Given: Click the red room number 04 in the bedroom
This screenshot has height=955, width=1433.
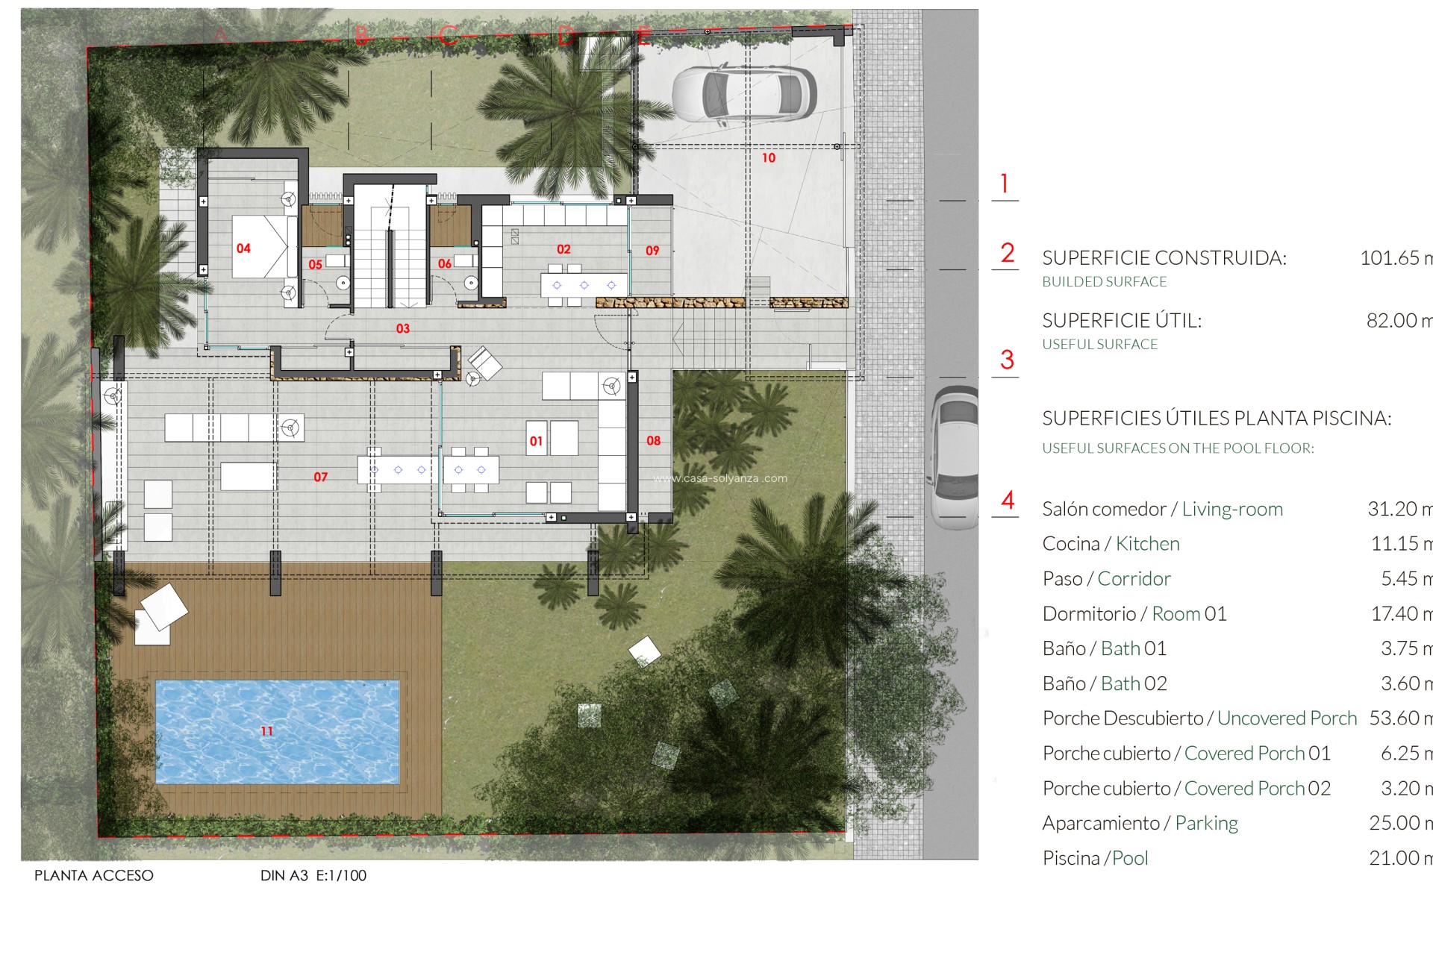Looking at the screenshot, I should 243,248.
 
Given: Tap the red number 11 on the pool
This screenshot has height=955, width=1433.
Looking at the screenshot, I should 266,731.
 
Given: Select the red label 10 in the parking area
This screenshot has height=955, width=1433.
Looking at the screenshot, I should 769,158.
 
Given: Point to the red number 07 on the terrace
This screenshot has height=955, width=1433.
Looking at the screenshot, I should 320,477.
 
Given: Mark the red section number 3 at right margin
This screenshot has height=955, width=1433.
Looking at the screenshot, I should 1007,360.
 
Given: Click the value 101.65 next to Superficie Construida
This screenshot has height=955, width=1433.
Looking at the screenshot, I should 1389,258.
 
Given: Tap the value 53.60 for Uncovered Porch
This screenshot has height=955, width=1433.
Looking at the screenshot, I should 1393,718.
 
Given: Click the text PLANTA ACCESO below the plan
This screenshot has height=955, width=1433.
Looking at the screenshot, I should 94,875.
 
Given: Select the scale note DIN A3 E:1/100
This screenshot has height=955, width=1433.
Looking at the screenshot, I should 313,875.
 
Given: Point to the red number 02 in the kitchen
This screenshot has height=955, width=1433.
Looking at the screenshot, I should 563,249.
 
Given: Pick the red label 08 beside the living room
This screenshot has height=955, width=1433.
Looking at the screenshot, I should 653,441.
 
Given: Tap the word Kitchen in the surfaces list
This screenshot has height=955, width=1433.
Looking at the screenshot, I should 1147,544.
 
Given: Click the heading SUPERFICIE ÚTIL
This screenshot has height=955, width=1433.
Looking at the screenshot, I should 1122,321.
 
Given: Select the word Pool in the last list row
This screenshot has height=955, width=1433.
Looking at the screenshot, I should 1130,858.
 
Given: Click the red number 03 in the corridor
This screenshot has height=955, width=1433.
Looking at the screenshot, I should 403,328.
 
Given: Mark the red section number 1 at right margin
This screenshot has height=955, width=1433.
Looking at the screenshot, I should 1005,184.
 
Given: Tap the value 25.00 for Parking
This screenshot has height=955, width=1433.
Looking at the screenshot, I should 1393,823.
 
